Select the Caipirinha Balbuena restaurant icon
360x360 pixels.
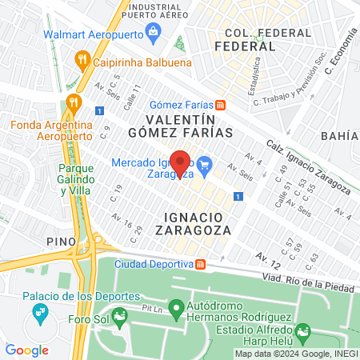(81, 58)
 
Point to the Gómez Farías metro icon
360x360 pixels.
(220, 106)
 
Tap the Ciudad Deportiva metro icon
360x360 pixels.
(201, 264)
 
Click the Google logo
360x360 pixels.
(27, 350)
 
